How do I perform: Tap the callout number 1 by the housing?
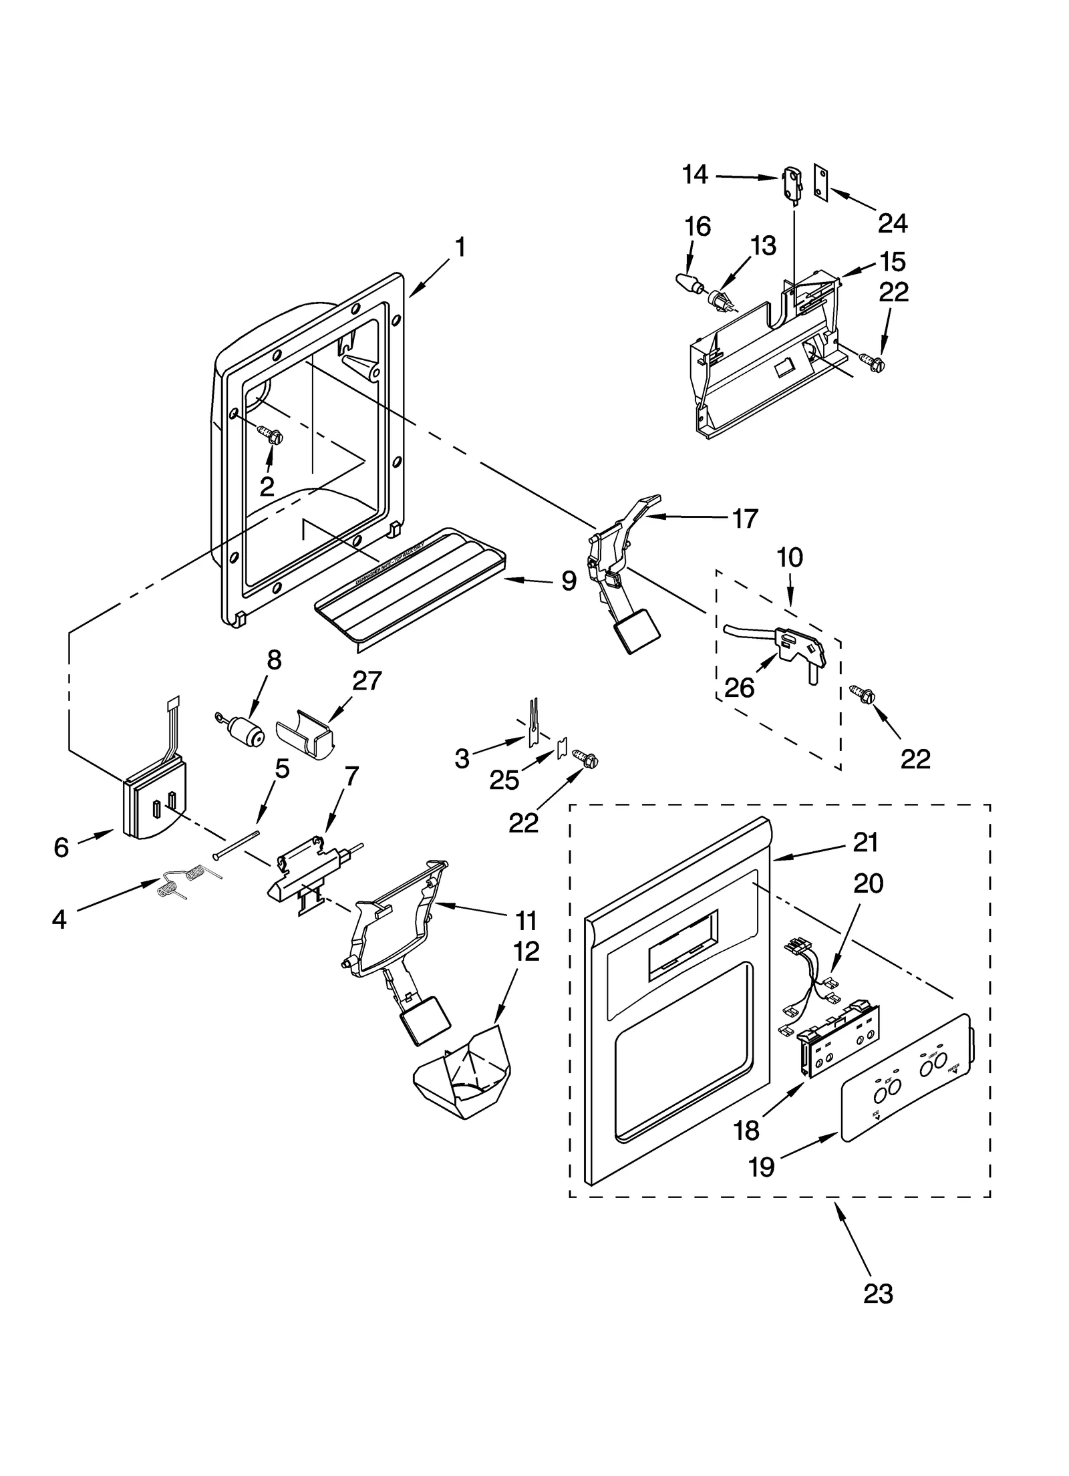pos(460,248)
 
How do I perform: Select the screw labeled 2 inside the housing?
pos(273,435)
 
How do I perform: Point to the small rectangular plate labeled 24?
pos(821,180)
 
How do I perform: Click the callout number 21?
pos(866,843)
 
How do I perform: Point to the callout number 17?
pos(746,518)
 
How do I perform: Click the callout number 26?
pos(739,687)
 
